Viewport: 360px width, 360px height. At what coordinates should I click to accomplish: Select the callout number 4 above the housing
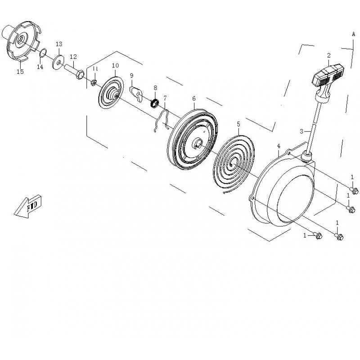pyautogui.click(x=279, y=146)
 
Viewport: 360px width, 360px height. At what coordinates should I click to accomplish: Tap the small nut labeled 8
pyautogui.click(x=155, y=103)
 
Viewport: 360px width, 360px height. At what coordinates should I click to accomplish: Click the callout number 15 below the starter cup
pyautogui.click(x=20, y=72)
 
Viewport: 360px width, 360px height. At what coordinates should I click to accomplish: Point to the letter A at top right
pyautogui.click(x=353, y=34)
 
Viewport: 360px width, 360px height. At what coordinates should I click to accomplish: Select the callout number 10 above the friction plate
pyautogui.click(x=115, y=66)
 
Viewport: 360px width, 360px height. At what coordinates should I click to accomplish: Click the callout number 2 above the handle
pyautogui.click(x=328, y=55)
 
